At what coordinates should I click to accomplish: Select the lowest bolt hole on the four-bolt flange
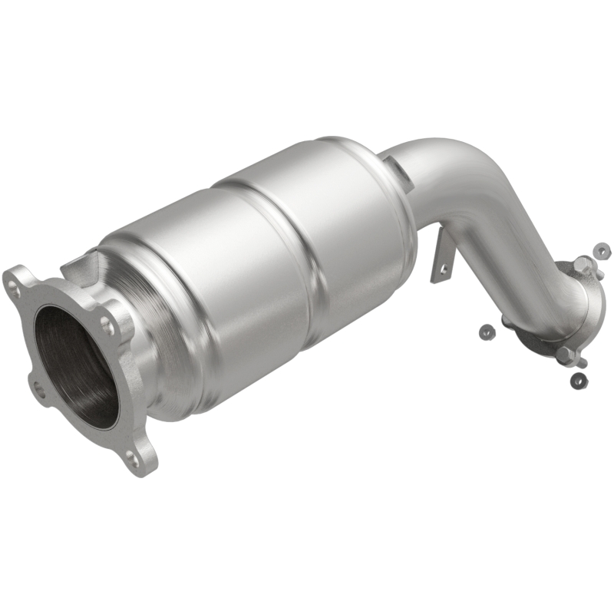[x=135, y=460]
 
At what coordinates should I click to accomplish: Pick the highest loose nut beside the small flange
[x=602, y=250]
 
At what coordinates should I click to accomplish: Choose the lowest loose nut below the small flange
[x=577, y=380]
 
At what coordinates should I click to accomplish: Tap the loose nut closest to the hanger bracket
[x=485, y=331]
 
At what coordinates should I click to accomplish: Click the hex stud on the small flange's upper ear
[x=584, y=265]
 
